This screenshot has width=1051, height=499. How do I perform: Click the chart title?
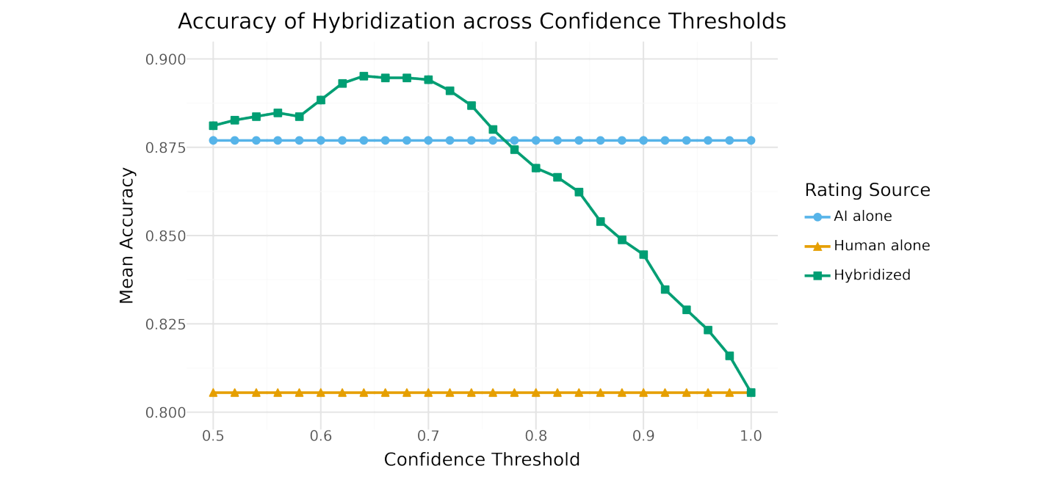point(482,22)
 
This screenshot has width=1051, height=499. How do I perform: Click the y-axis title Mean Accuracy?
point(127,236)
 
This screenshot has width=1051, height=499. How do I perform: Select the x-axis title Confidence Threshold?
point(482,460)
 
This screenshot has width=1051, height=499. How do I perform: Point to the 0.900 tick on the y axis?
point(165,59)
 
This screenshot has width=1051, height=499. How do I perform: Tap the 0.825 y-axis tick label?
point(165,324)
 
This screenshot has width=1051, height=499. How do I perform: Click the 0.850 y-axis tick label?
point(165,236)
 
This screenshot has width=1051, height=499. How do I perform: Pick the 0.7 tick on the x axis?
point(428,436)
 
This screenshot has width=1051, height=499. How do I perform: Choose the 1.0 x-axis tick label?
point(751,436)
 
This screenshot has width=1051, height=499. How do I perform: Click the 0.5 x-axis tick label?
point(213,436)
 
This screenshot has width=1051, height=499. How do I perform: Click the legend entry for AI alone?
point(862,216)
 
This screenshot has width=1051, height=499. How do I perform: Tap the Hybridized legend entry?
point(872,275)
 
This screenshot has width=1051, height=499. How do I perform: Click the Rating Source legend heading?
point(867,191)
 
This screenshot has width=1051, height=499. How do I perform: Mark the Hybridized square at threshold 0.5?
point(213,125)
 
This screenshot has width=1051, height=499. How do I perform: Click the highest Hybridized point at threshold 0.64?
point(364,76)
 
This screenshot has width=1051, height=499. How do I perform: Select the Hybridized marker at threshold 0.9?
point(643,255)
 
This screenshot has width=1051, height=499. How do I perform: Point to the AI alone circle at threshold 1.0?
point(751,140)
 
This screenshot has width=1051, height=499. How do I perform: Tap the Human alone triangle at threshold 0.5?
point(213,393)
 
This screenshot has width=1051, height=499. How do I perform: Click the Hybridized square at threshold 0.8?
point(536,168)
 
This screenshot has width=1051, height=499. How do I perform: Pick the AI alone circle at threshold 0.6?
point(321,140)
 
